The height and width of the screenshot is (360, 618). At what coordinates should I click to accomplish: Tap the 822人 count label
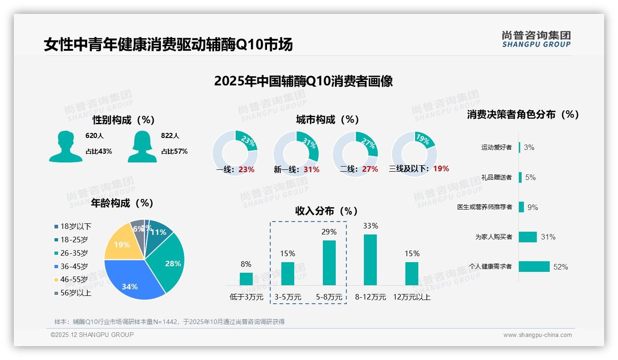click(x=170, y=136)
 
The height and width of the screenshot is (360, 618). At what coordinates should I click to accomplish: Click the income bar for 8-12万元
click(x=370, y=260)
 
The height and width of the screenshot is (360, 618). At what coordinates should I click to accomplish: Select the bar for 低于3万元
click(x=246, y=279)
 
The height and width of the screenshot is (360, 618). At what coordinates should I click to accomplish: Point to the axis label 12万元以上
click(x=411, y=297)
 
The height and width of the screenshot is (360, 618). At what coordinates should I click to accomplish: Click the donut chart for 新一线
click(x=296, y=154)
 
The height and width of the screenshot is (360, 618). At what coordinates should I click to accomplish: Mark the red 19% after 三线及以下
click(x=441, y=168)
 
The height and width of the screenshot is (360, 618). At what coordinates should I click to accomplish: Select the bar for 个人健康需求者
click(x=534, y=266)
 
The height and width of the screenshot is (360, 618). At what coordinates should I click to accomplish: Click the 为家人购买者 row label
click(x=493, y=237)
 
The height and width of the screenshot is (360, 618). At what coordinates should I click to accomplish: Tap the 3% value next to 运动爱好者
click(x=529, y=147)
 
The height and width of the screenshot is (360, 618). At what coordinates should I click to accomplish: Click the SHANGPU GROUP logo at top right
click(x=536, y=39)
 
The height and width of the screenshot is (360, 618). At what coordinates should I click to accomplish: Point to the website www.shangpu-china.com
click(x=537, y=335)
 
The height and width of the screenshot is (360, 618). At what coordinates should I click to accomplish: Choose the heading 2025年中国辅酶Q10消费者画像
click(x=303, y=81)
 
